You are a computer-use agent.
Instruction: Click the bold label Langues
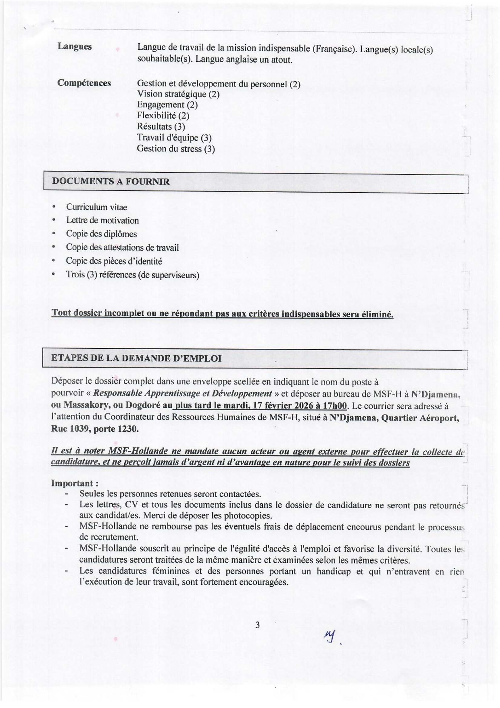click(x=74, y=47)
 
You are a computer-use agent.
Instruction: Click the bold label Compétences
click(x=84, y=83)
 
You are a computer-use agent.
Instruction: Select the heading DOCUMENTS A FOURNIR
click(x=111, y=181)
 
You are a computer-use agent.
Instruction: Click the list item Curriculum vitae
click(x=96, y=207)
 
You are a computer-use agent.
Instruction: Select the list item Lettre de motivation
click(x=102, y=220)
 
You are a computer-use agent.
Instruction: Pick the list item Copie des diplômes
click(x=101, y=234)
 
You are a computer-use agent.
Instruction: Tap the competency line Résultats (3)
click(x=161, y=127)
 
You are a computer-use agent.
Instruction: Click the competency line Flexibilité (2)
click(x=163, y=116)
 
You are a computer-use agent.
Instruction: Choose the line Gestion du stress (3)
click(x=176, y=149)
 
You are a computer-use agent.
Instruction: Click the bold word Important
click(x=72, y=483)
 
